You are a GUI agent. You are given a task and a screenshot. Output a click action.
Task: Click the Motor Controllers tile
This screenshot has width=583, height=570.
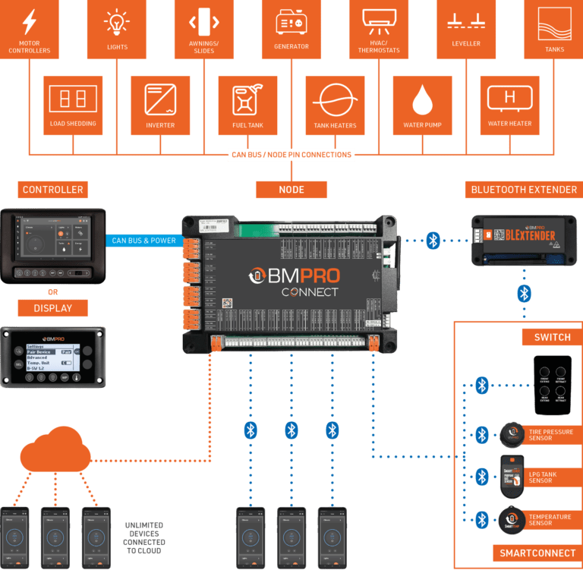pyautogui.click(x=30, y=30)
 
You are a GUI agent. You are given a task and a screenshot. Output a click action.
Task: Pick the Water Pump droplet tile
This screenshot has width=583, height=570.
pyautogui.click(x=422, y=105)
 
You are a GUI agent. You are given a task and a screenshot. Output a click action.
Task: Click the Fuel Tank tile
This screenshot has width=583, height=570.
pyautogui.click(x=247, y=105)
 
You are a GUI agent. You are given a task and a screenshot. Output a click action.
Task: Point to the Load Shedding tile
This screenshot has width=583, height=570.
pyautogui.click(x=72, y=105)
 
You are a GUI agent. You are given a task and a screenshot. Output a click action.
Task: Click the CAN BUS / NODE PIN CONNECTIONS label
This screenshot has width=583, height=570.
pyautogui.click(x=291, y=155)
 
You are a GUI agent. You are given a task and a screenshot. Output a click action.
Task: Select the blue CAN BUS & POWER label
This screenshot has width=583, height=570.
pyautogui.click(x=144, y=241)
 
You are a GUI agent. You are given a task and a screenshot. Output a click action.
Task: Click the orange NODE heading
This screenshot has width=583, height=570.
pyautogui.click(x=291, y=190)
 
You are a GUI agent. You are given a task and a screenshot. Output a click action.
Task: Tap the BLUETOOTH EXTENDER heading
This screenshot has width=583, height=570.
pyautogui.click(x=524, y=190)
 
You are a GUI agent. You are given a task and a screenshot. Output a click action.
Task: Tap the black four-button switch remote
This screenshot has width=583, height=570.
pyautogui.click(x=551, y=385)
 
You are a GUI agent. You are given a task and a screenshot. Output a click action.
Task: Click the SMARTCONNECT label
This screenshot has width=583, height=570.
pyautogui.click(x=535, y=552)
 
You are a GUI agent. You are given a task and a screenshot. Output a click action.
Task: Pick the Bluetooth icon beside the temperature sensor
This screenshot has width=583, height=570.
pyautogui.click(x=481, y=520)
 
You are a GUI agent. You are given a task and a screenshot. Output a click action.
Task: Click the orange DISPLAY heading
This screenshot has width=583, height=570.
pyautogui.click(x=53, y=308)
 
